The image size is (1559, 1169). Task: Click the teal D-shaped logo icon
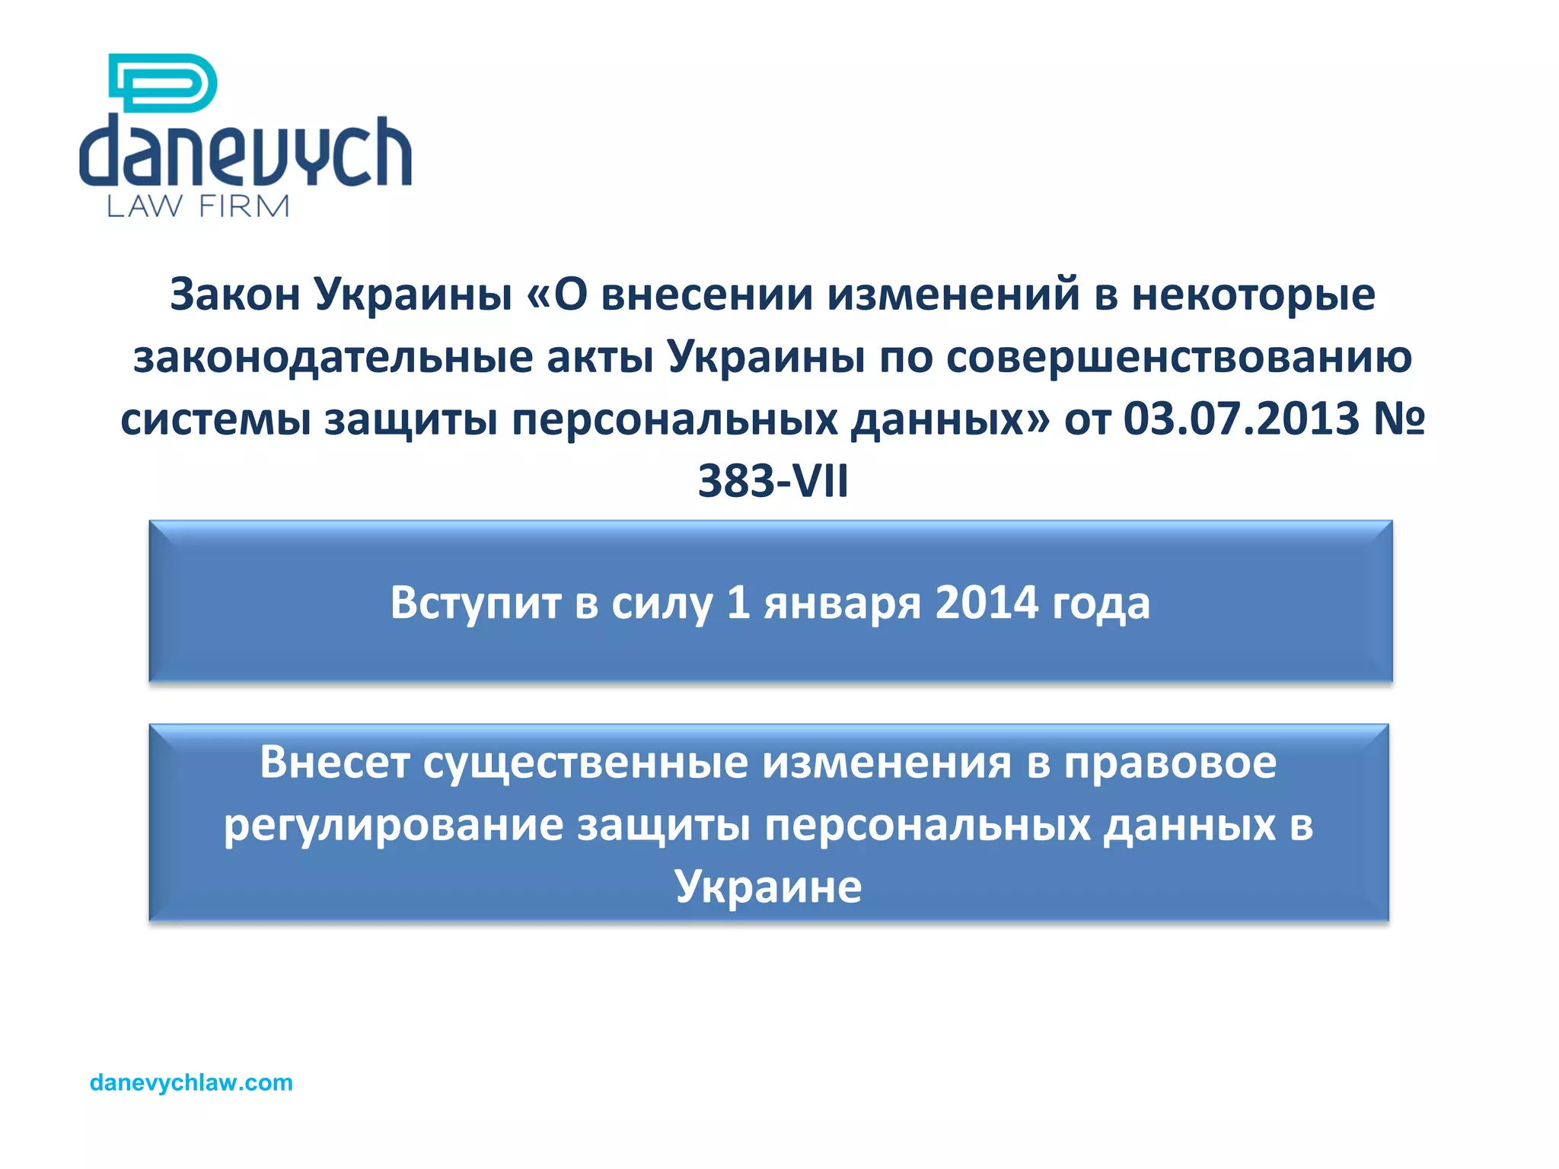click(163, 82)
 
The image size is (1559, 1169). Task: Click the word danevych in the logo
click(245, 152)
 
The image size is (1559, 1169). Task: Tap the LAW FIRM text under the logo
click(198, 206)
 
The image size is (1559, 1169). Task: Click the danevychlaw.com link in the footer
click(191, 1082)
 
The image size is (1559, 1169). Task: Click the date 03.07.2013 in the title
click(1241, 419)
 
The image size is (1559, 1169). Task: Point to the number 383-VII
click(773, 481)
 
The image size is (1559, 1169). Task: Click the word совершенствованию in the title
click(1179, 357)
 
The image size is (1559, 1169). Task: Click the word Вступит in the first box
click(475, 603)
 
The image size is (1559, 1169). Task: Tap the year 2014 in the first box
click(987, 603)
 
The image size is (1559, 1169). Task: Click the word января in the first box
click(843, 604)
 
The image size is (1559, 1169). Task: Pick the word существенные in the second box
click(585, 763)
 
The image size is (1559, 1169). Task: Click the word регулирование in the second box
click(393, 826)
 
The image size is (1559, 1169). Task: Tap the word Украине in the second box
click(768, 887)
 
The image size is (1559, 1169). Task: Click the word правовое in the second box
click(1170, 763)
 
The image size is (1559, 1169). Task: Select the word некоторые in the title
click(1253, 295)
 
